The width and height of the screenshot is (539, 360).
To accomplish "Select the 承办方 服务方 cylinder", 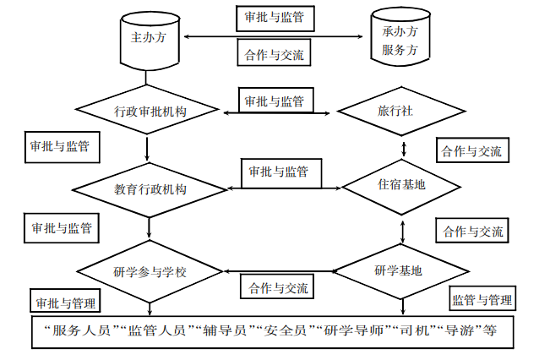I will pyautogui.click(x=400, y=41).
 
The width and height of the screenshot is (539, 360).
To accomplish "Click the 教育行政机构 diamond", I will pyautogui.click(x=150, y=188).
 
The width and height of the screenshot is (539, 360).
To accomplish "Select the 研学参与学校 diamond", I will pyautogui.click(x=149, y=271).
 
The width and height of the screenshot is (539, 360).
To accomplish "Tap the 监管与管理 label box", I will pyautogui.click(x=482, y=300).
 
